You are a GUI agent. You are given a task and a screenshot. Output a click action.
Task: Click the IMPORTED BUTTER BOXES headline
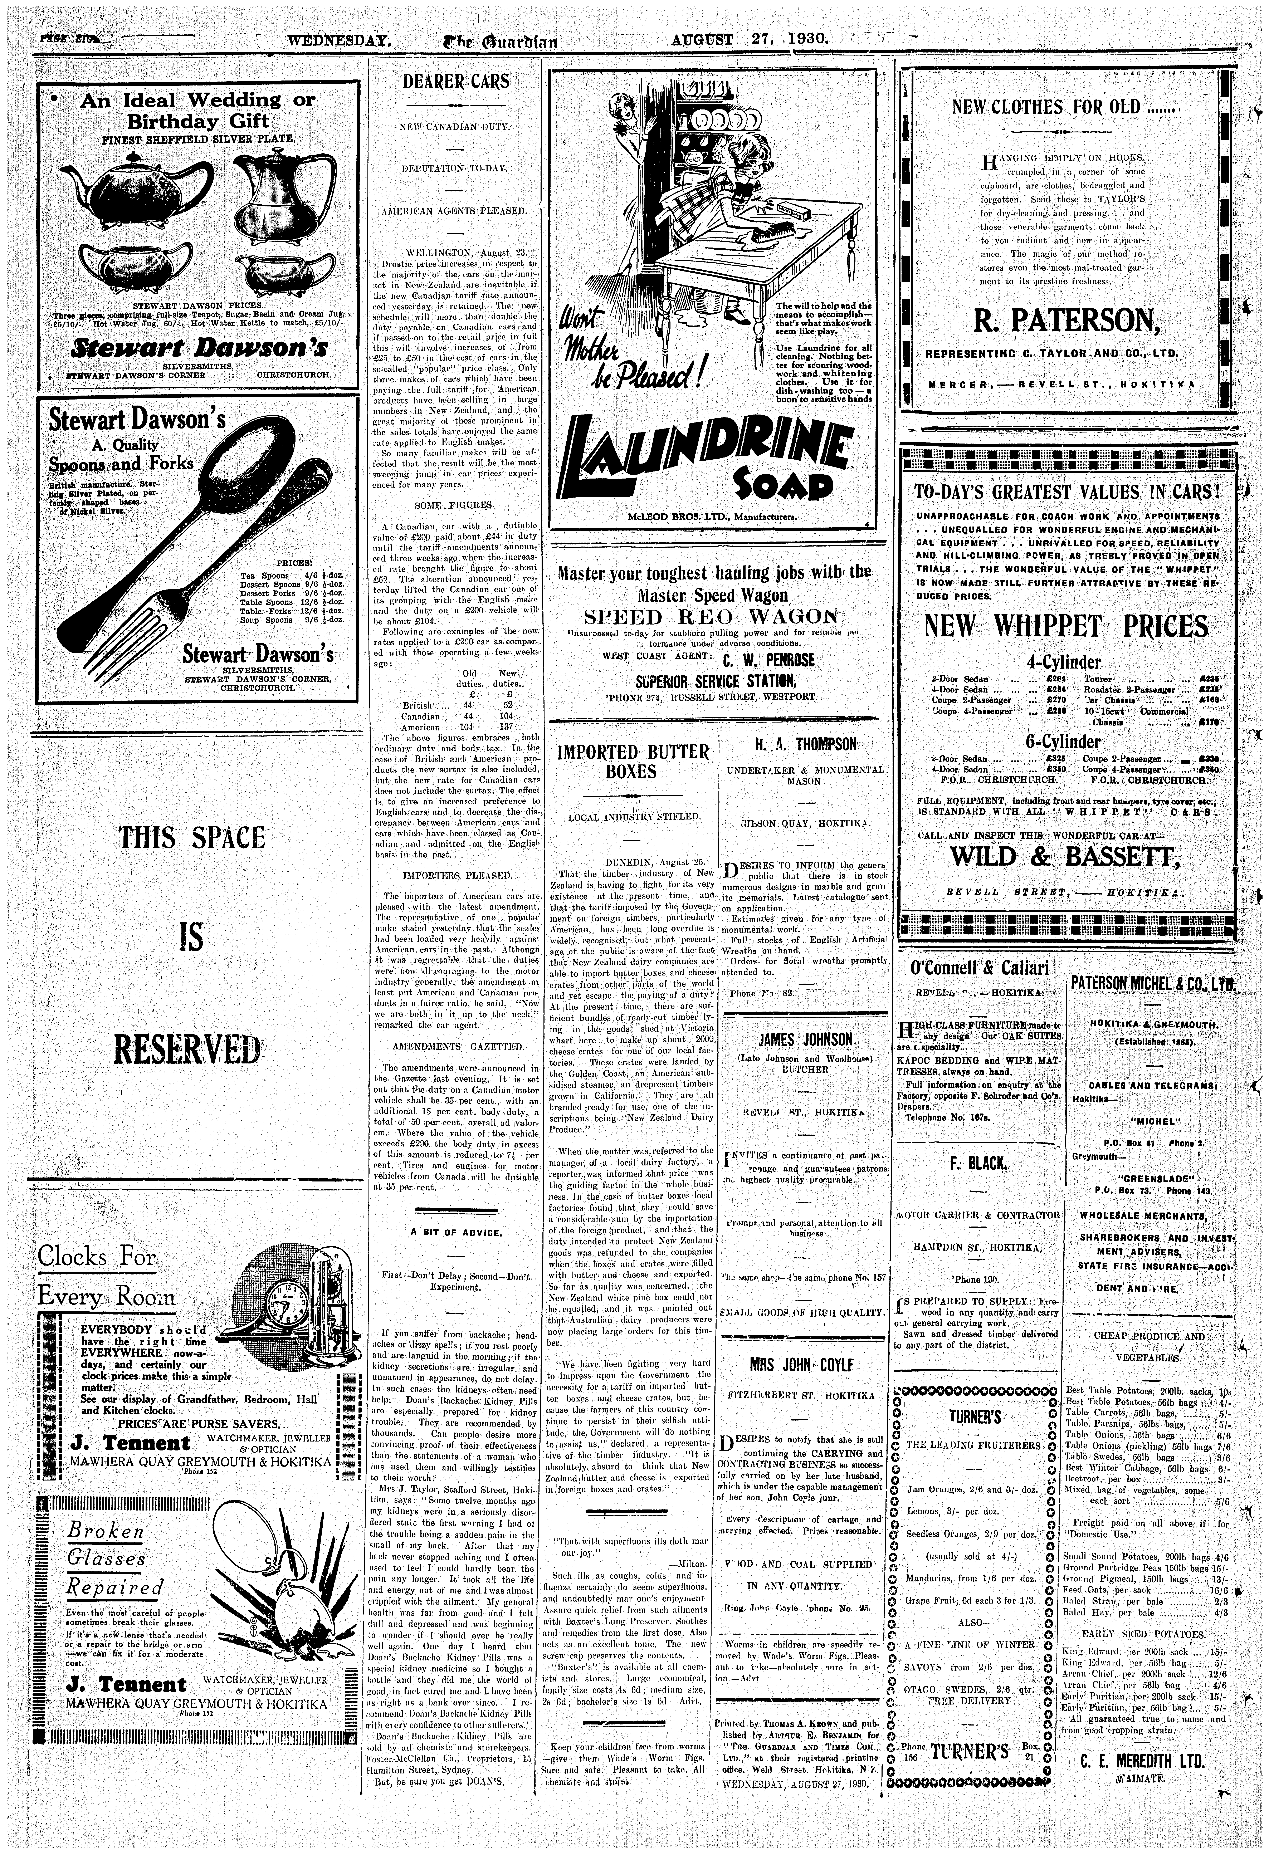point(633,762)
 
